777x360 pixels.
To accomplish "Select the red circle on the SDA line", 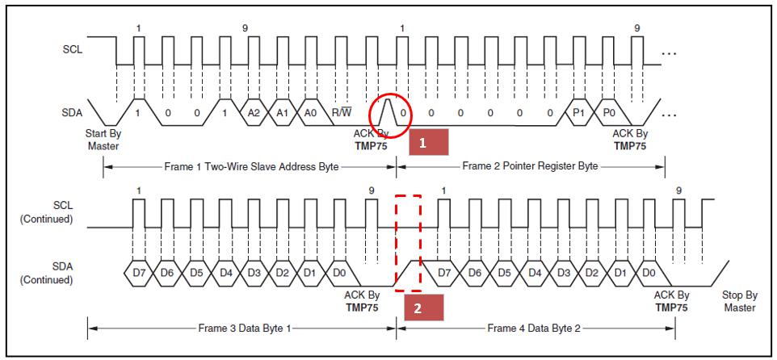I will pos(390,109).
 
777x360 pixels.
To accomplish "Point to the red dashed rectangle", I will pos(409,242).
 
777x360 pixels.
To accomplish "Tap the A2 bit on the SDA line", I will pos(253,113).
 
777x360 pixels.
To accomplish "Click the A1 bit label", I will pos(282,113).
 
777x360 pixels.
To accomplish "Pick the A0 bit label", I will pos(311,113).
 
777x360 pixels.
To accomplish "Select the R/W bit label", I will pos(342,113).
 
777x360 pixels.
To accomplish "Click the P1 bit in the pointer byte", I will pos(578,113).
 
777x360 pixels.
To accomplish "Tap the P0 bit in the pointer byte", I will pos(608,113).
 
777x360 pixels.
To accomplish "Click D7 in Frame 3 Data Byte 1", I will pos(138,274).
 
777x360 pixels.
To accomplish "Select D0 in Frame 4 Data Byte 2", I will pos(648,274).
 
